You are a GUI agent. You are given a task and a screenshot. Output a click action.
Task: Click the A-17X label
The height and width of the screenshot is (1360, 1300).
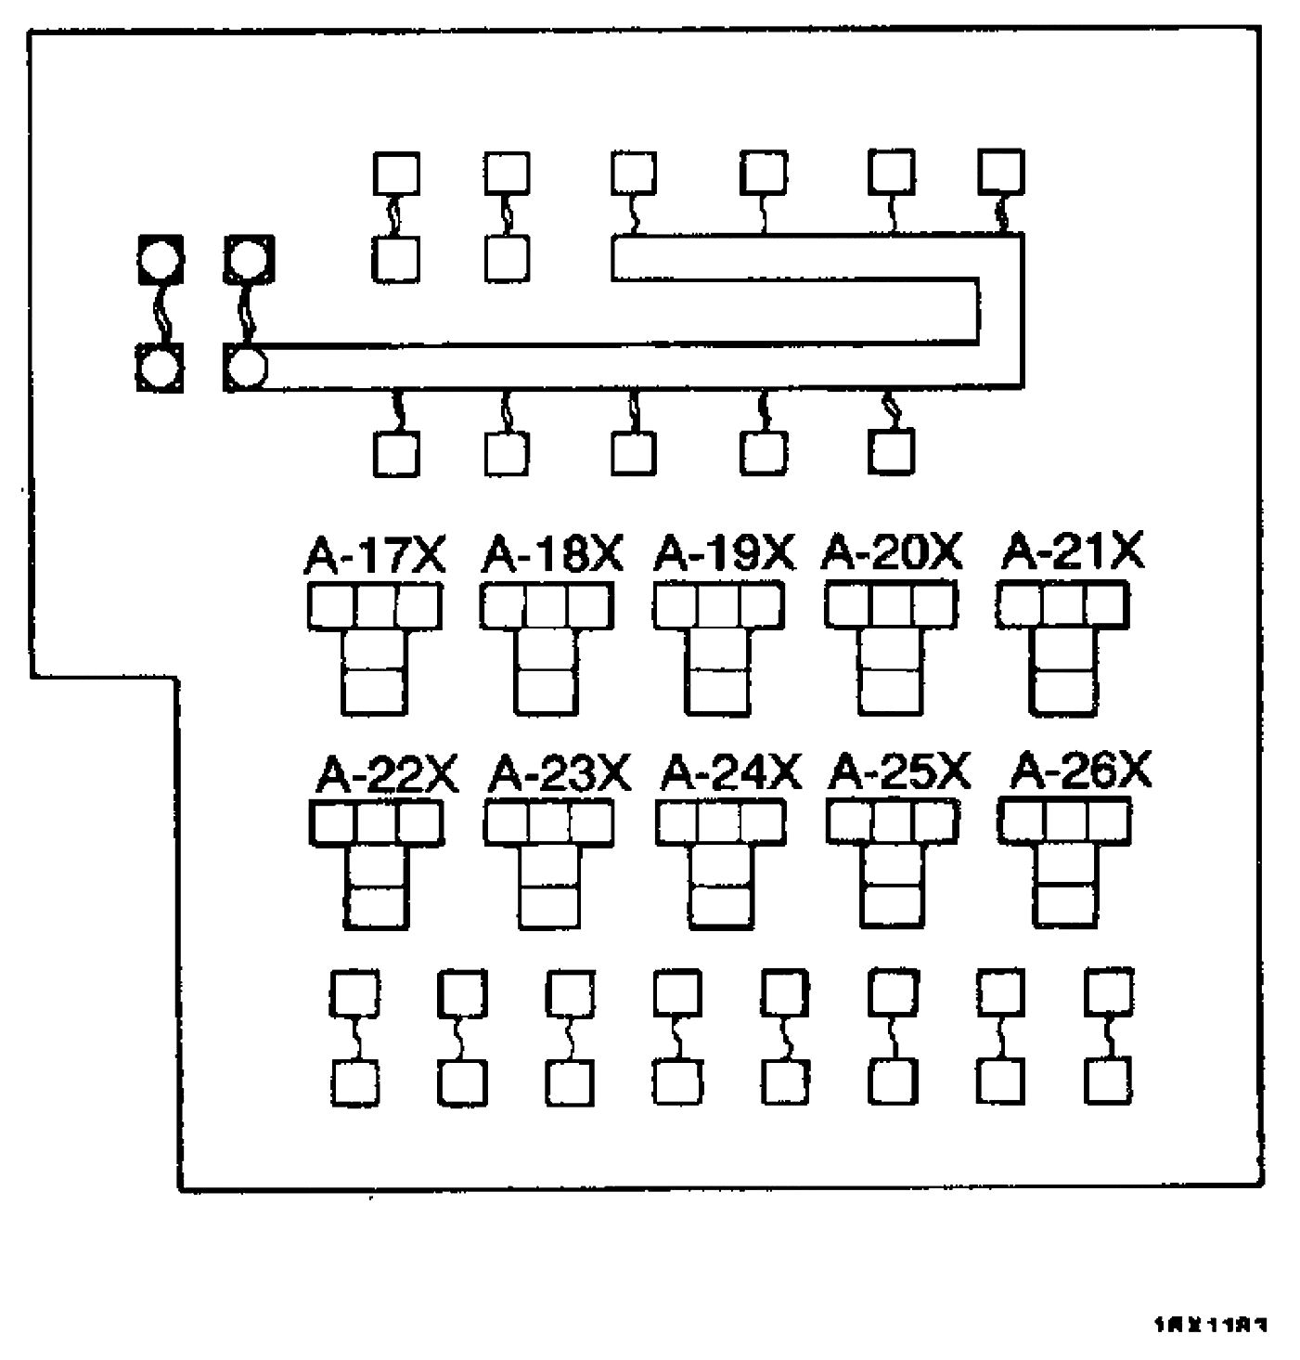click(x=375, y=555)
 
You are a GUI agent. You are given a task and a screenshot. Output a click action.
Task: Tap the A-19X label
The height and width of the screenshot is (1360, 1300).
click(x=725, y=554)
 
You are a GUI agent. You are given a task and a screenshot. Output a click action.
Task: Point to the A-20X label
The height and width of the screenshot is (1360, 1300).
click(x=893, y=553)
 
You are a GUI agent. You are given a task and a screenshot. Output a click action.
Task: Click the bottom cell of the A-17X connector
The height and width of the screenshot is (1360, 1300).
click(x=374, y=691)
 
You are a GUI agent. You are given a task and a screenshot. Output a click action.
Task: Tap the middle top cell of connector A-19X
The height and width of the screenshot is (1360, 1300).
click(x=719, y=607)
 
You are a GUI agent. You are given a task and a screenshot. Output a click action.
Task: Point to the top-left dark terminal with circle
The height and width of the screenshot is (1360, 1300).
click(x=161, y=259)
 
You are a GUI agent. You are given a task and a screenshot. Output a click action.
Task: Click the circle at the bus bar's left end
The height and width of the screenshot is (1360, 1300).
click(x=247, y=368)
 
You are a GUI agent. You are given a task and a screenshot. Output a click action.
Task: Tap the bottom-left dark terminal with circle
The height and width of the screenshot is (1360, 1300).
click(x=160, y=368)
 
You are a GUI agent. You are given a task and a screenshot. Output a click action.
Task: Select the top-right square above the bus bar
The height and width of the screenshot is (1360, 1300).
click(x=1002, y=173)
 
